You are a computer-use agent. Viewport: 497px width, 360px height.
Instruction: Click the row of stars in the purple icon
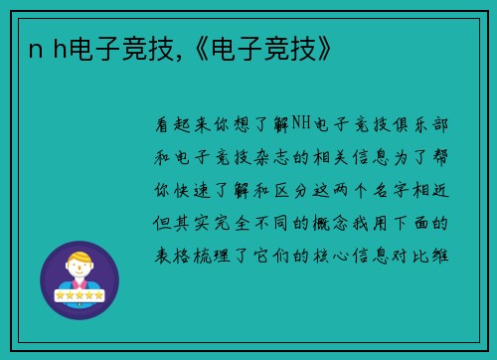[79, 295]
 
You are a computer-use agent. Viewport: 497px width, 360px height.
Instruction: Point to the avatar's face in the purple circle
[79, 267]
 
